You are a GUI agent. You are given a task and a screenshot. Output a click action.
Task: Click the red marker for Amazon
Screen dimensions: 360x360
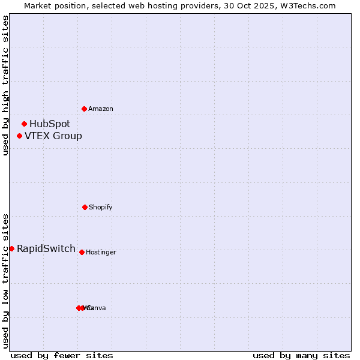pos(85,109)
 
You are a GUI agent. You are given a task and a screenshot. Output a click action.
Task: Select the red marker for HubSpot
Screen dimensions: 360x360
pos(25,124)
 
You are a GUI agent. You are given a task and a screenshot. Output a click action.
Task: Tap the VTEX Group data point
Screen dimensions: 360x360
pos(20,136)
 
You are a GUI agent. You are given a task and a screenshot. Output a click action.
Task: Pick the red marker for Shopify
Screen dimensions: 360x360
pos(85,207)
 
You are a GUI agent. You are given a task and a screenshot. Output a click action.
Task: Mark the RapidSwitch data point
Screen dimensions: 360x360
pos(11,248)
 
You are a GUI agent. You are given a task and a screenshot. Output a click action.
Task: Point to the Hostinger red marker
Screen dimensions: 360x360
pos(82,252)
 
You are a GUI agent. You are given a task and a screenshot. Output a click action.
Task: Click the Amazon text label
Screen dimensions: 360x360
pos(101,109)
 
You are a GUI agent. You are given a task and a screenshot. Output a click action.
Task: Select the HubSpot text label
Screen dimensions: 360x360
pos(50,124)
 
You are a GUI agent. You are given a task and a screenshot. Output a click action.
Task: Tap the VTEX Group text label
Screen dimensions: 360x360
pos(53,136)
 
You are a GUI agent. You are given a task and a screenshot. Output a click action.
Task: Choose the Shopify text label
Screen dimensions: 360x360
pos(101,208)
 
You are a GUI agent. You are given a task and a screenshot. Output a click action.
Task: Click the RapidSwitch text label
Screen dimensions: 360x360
pos(46,249)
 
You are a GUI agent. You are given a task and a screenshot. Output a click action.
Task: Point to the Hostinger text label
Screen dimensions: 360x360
pos(101,253)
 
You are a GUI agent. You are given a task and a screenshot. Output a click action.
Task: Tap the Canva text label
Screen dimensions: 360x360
pos(96,308)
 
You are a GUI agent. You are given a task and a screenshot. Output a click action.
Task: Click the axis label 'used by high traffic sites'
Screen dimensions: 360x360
pos(6,85)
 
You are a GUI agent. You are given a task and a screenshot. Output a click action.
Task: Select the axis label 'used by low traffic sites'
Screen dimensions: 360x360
pos(6,281)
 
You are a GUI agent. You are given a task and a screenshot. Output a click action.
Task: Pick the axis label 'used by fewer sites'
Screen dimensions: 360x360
pos(62,355)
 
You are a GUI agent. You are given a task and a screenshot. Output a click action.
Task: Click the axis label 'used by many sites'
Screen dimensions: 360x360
pos(301,355)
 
